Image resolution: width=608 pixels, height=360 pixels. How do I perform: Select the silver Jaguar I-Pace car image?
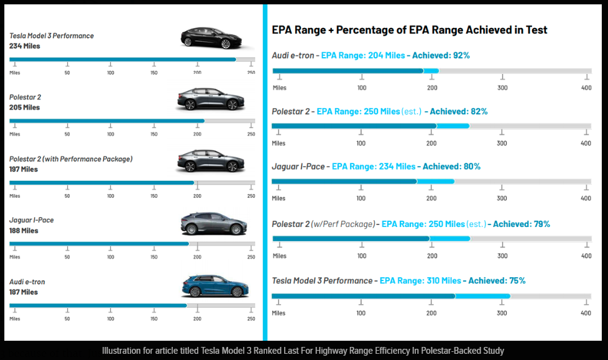214,224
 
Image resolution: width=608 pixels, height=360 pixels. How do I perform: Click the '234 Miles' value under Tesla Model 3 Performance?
25,46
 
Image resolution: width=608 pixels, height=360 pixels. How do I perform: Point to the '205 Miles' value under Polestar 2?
25,108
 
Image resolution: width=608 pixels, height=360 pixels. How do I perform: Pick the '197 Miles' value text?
24,169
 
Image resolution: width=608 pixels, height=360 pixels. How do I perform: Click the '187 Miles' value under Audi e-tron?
24,292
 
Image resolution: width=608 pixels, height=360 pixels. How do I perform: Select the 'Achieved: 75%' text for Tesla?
497,280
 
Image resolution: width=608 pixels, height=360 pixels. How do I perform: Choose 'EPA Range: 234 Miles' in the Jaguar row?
373,167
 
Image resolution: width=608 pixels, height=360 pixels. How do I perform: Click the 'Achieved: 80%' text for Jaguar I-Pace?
451,167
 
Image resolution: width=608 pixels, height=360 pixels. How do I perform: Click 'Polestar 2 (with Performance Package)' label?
71,159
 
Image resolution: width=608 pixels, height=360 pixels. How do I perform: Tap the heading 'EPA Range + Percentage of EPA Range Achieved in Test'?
410,30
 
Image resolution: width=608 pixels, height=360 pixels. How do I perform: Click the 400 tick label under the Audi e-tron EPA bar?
586,88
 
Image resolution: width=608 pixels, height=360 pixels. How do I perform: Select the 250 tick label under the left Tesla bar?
251,73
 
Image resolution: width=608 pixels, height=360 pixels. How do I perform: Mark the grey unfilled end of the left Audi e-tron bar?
221,305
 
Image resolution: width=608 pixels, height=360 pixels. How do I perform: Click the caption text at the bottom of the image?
303,351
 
